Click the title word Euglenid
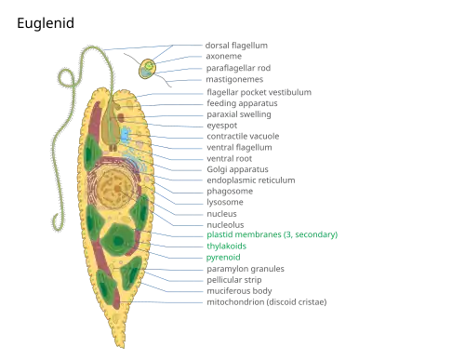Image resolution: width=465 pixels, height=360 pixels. (46, 23)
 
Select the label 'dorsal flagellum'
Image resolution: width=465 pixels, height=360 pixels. (236, 46)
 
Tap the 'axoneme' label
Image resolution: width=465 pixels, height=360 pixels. (223, 56)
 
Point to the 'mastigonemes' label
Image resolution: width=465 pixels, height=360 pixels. (234, 79)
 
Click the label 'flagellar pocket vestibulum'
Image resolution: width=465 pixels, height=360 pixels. (259, 92)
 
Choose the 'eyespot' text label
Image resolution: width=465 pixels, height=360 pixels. (222, 126)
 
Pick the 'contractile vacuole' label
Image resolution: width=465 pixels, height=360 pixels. (243, 136)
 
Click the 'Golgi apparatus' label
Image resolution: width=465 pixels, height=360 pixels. (237, 169)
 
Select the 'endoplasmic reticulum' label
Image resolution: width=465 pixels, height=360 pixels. (251, 180)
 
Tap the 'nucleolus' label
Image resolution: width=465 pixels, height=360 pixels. (225, 224)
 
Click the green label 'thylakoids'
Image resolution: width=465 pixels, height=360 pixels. (226, 247)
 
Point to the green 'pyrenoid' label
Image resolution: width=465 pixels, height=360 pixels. (223, 258)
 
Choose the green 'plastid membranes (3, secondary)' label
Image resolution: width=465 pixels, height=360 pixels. (272, 234)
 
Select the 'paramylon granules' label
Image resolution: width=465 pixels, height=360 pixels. (246, 269)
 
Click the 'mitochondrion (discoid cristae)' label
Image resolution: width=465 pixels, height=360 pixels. (267, 302)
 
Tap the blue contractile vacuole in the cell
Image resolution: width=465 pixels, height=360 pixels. (125, 135)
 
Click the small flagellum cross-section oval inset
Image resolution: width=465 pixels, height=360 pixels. (147, 69)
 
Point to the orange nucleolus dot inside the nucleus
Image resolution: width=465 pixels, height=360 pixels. (117, 188)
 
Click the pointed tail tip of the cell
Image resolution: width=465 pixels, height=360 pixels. (123, 347)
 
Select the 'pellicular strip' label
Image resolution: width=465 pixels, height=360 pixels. (234, 280)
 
